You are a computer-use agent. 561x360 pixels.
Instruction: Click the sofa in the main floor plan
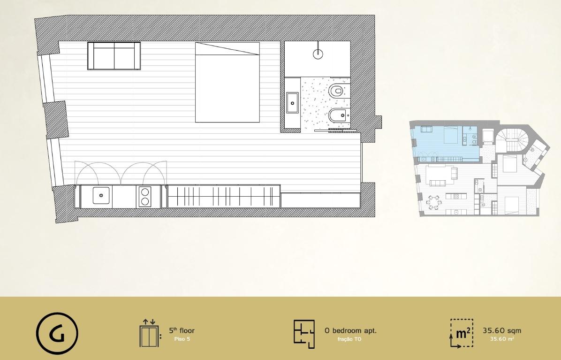tap(114, 56)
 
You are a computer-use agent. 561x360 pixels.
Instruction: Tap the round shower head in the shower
tap(318, 54)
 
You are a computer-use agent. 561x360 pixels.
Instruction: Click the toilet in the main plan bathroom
tap(337, 91)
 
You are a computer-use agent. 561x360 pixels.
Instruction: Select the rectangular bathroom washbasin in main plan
tap(294, 103)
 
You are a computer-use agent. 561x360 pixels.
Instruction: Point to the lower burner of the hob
tap(145, 201)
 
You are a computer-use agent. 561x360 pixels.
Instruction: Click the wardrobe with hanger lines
tap(223, 196)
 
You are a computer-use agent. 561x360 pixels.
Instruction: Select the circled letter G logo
tap(57, 334)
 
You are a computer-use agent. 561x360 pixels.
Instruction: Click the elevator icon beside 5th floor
tap(150, 333)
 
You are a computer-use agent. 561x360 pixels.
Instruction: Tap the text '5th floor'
tap(182, 330)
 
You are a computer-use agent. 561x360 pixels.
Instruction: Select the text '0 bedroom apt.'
tap(350, 330)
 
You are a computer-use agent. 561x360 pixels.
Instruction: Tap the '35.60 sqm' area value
tap(501, 330)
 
